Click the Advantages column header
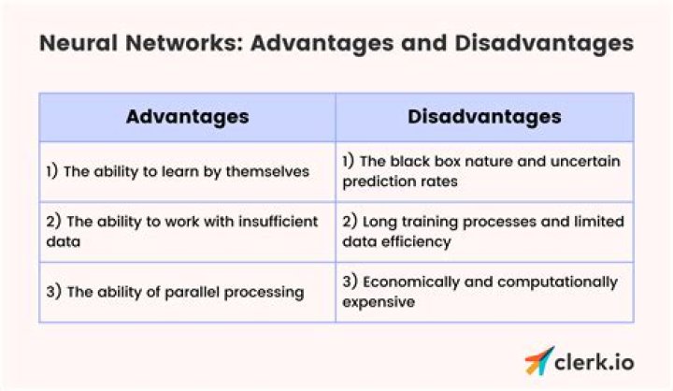click(x=187, y=117)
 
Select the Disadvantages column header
click(x=484, y=117)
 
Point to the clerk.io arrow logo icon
click(x=538, y=360)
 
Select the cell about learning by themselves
click(x=187, y=171)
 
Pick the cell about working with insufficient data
click(x=187, y=231)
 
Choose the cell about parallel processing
click(x=187, y=292)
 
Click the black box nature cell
click(x=484, y=171)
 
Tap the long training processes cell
click(x=484, y=231)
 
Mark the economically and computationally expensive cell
click(x=484, y=292)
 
